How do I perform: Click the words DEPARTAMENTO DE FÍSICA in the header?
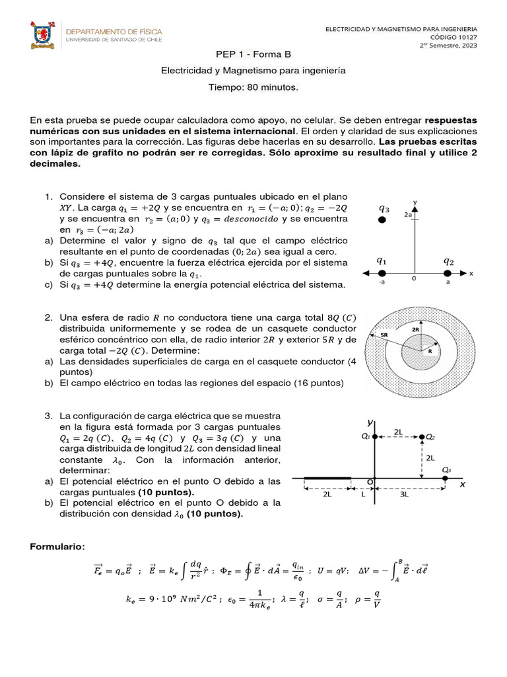[x=112, y=31]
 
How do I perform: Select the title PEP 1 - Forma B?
[x=253, y=54]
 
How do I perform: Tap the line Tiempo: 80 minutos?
[x=253, y=87]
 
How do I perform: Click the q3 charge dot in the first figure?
[x=382, y=219]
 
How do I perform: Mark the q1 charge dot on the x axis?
[x=382, y=272]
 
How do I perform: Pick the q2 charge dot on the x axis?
[x=448, y=272]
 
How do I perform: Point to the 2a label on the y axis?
[x=409, y=215]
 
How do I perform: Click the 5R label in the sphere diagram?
[x=384, y=335]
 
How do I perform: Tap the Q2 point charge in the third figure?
[x=423, y=437]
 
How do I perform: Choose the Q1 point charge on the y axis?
[x=374, y=437]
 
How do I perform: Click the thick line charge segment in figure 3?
[x=327, y=477]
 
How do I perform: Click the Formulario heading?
[x=57, y=547]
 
